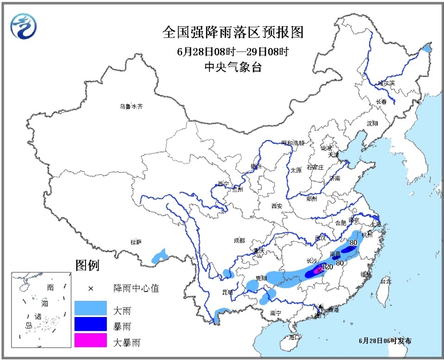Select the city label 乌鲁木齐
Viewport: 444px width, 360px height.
(131, 106)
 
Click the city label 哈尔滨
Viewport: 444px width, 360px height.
(386, 83)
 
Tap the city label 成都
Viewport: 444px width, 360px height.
(240, 240)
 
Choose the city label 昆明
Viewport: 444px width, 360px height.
(228, 292)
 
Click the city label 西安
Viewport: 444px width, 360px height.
(277, 206)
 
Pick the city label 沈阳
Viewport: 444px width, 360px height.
(372, 123)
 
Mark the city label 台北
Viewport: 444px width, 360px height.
(385, 281)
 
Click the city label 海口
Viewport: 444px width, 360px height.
(295, 337)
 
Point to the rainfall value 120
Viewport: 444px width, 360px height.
(327, 268)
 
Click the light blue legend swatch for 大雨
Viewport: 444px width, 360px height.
(90, 308)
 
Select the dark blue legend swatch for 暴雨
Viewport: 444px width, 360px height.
(90, 325)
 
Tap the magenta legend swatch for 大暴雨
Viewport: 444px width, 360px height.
(90, 341)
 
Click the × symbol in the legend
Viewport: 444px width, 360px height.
(91, 288)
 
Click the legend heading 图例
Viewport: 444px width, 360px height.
(87, 265)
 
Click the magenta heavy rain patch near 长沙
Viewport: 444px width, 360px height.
(318, 270)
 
